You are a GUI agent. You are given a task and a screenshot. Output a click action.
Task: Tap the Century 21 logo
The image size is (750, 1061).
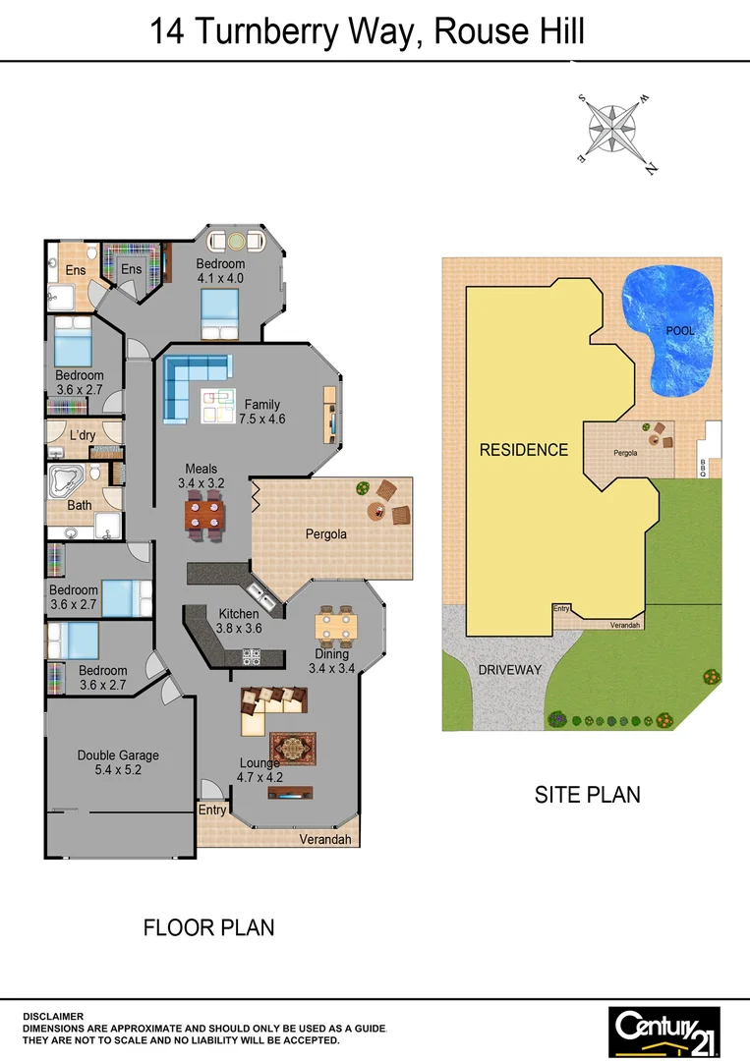[664, 1031]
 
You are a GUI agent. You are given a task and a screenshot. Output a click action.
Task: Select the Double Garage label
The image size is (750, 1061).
[118, 763]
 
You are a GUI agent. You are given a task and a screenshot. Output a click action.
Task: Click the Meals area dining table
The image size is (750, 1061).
[206, 516]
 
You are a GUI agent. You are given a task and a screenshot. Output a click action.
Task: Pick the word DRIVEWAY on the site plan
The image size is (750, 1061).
[510, 670]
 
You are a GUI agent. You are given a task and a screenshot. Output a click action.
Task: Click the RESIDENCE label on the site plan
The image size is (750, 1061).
[524, 450]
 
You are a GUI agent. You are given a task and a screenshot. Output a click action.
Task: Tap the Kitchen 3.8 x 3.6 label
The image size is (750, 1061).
[238, 621]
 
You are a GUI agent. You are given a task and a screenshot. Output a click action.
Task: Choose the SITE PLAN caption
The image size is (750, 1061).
[587, 794]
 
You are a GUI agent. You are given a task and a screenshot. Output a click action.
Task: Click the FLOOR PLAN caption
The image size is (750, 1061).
[208, 926]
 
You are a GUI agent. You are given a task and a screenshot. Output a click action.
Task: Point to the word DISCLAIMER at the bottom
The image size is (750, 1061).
[53, 1016]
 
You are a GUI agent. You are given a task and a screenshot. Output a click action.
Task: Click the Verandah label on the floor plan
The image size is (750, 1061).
[326, 839]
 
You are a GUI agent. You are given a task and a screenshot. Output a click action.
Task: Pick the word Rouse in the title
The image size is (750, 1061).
[476, 32]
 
